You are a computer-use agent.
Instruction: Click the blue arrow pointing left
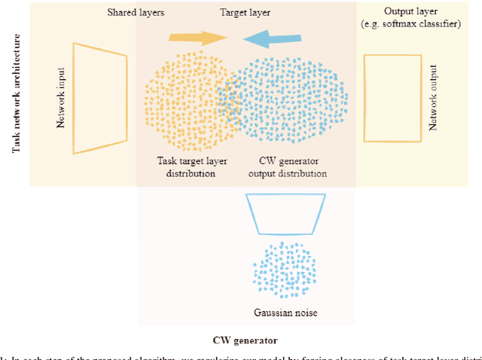point(267,38)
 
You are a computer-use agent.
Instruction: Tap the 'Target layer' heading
point(246,14)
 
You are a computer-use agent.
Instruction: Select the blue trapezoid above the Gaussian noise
point(286,213)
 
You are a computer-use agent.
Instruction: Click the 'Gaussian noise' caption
point(286,312)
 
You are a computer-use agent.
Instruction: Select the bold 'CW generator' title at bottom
point(246,340)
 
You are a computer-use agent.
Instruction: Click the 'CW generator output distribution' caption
point(287,167)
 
